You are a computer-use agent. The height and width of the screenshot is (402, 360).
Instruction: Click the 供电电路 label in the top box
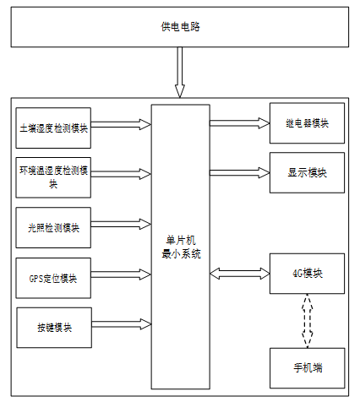[180, 27]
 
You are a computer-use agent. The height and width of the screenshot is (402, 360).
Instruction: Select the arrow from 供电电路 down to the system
[180, 73]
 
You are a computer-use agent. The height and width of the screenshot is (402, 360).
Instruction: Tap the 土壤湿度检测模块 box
[53, 128]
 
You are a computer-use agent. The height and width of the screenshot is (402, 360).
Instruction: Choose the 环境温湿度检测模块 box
[53, 177]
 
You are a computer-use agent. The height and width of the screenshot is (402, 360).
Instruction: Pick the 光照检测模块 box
[53, 227]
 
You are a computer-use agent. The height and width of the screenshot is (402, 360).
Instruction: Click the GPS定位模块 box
[53, 278]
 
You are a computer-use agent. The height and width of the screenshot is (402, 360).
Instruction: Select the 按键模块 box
[54, 328]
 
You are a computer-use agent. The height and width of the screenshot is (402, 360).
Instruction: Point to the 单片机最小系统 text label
[181, 247]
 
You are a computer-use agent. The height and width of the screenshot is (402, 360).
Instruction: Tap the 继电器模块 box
[307, 123]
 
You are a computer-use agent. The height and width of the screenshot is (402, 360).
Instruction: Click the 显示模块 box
[307, 172]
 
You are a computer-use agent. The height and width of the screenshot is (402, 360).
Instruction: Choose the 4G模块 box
[307, 274]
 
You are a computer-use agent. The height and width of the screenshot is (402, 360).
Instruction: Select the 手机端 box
[308, 368]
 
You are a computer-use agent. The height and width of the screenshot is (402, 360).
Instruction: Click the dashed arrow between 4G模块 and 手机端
[307, 321]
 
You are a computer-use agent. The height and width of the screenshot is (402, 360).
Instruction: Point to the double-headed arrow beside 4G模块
[240, 274]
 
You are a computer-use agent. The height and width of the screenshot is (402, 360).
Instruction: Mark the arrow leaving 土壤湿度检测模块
[121, 124]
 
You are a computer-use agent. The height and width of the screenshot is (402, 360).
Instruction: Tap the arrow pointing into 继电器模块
[240, 123]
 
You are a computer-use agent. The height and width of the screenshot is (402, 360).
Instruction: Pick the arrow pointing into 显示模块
[240, 172]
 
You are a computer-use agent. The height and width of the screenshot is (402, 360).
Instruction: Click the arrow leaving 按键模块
[122, 324]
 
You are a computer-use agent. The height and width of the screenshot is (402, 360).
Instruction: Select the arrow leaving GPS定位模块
[121, 274]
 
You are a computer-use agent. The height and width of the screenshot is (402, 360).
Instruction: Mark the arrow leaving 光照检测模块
[121, 225]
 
